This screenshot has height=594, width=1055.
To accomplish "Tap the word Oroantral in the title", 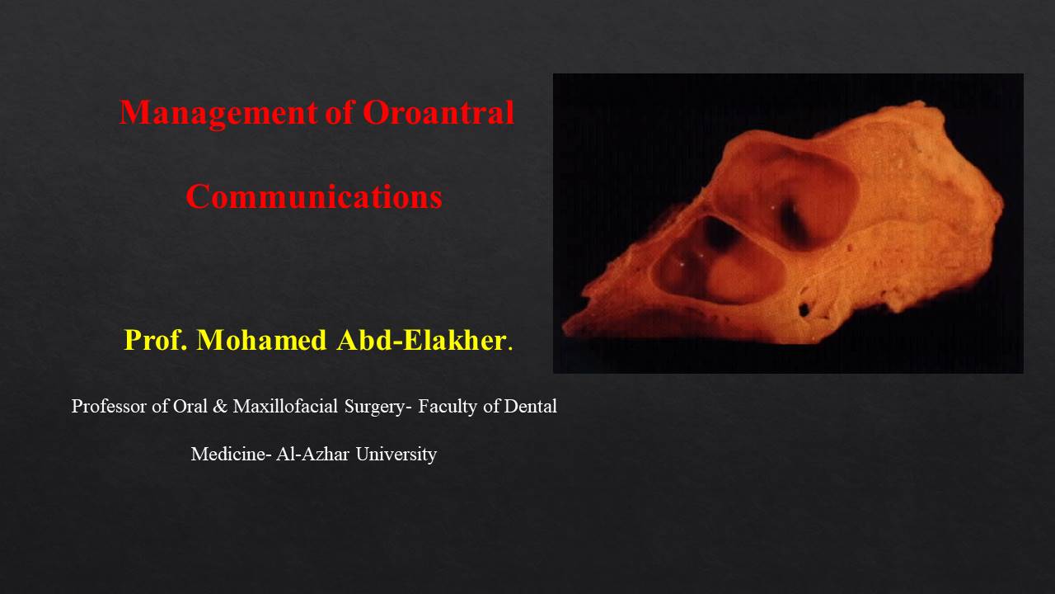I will pos(438,113).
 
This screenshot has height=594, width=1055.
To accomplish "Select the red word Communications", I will pos(313,197).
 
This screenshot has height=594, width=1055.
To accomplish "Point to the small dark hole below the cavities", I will pos(804,309).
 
